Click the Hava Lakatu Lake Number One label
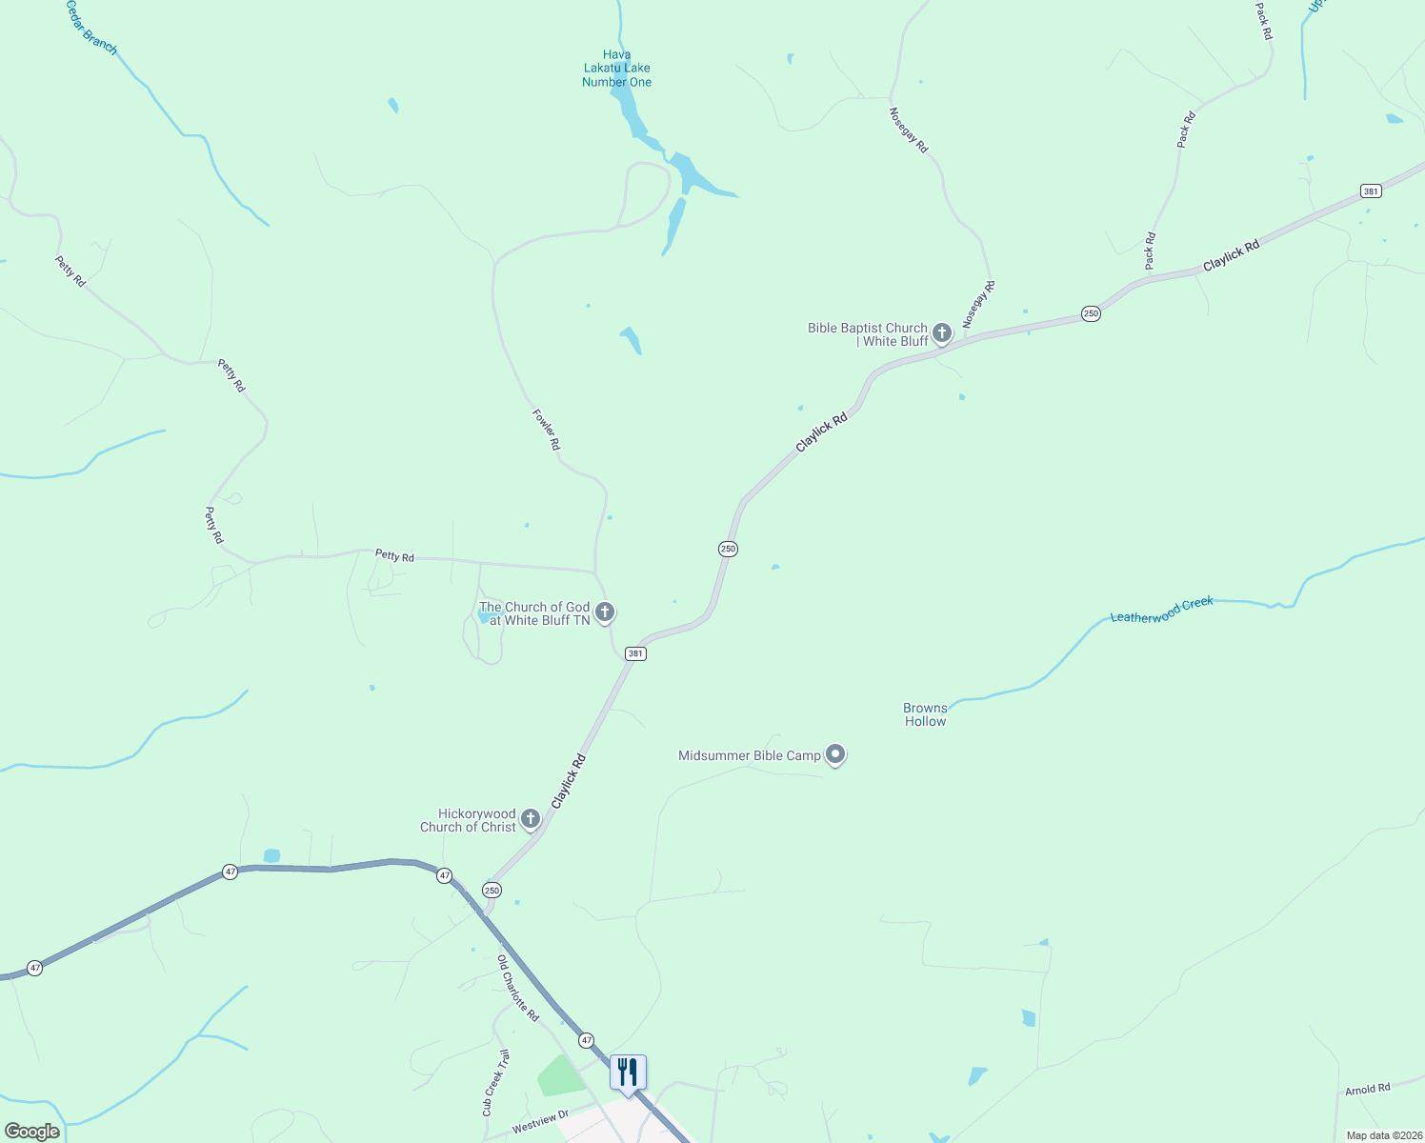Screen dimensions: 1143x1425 pos(616,69)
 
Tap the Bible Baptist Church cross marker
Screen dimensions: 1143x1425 pos(942,333)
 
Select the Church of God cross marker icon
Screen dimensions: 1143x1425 pos(604,612)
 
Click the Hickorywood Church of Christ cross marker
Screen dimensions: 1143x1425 pos(531,819)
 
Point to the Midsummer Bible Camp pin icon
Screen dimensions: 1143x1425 pos(835,754)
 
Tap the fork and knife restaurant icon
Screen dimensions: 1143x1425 pos(628,1073)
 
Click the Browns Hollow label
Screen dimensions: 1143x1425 pos(925,714)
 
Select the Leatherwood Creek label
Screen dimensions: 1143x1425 pos(1161,610)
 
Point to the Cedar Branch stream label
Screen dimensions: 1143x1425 pos(91,28)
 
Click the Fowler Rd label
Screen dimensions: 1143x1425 pos(546,430)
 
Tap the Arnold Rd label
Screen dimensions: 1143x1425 pos(1367,1089)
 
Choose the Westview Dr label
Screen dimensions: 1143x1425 pos(540,1121)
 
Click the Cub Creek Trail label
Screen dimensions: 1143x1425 pos(495,1083)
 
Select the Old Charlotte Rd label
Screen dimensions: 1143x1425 pos(518,989)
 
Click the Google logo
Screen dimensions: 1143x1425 pos(32,1132)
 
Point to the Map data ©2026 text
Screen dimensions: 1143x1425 pos(1383,1135)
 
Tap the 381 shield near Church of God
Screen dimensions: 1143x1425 pos(635,653)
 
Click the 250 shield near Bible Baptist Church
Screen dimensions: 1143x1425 pos(1091,313)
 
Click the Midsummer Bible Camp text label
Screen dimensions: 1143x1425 pos(749,755)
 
